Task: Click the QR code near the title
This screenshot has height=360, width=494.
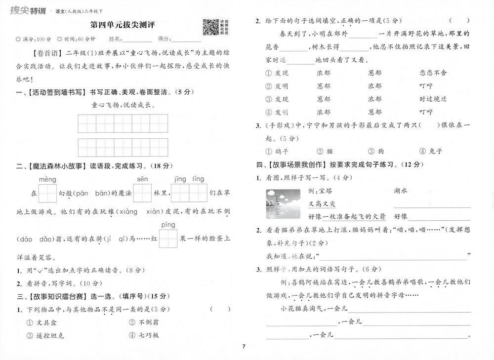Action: tap(211, 27)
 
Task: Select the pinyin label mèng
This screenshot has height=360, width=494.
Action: tap(47, 178)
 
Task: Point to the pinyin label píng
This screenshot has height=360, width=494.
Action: tap(168, 225)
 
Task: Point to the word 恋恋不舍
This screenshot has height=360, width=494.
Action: tap(433, 73)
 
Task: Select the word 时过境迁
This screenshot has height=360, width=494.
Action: tap(433, 99)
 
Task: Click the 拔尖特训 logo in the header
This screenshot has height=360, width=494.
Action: tap(28, 8)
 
